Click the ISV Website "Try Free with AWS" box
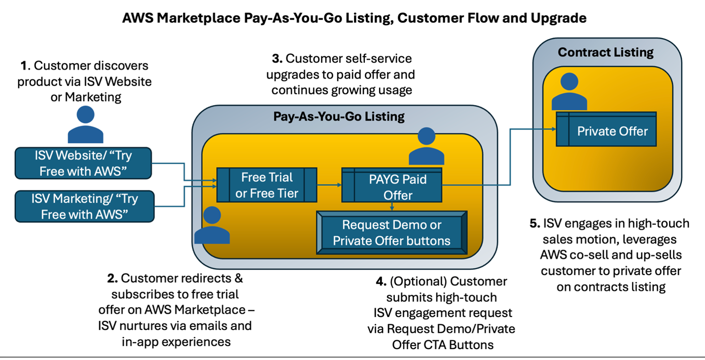[83, 163]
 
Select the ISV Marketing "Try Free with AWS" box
[84, 207]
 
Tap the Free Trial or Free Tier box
[267, 185]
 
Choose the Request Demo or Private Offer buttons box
[391, 233]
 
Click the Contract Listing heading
[605, 52]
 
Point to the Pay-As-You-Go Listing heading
[339, 116]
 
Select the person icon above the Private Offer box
[569, 92]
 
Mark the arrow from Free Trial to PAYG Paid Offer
[329, 185]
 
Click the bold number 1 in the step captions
[23, 66]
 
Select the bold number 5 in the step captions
[534, 223]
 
